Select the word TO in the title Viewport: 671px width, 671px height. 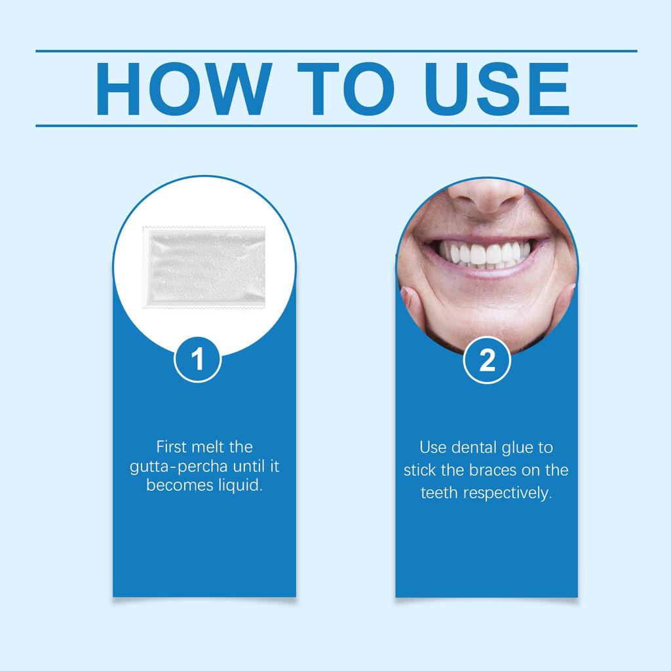click(346, 88)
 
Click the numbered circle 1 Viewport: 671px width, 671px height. click(197, 360)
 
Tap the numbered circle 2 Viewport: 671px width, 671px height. click(487, 360)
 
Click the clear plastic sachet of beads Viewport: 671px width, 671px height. click(204, 267)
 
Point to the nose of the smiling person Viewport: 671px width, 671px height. click(488, 195)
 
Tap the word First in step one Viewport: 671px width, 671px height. click(172, 447)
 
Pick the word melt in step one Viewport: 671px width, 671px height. click(208, 447)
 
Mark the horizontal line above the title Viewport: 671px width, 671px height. click(336, 51)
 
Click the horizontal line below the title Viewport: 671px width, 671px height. click(336, 126)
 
